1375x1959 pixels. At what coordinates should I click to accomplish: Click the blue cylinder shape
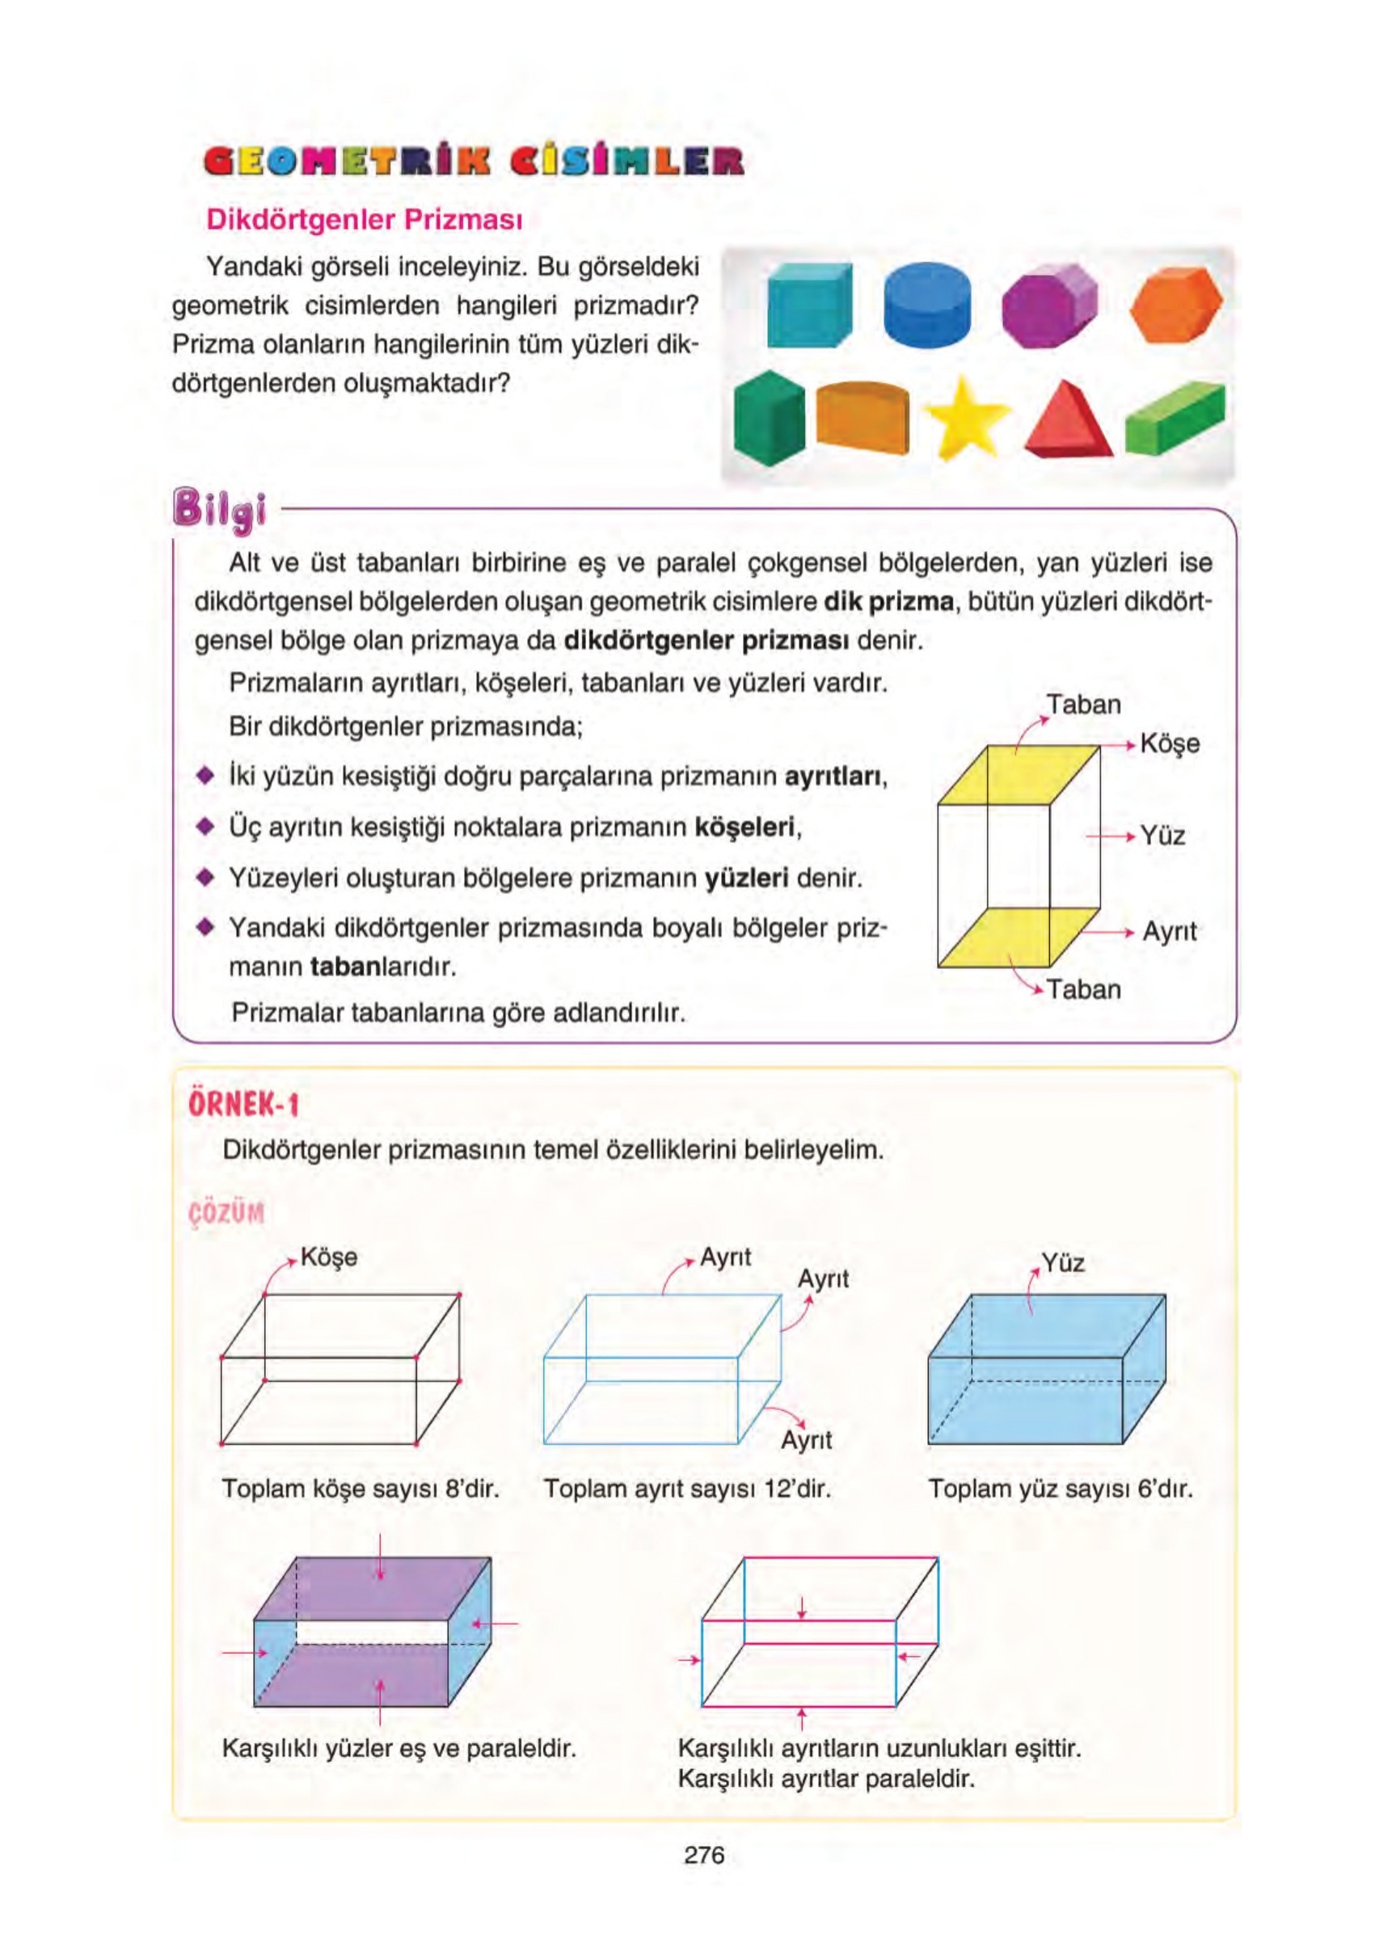(x=926, y=305)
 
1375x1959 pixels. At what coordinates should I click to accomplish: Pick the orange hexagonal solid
(x=1176, y=305)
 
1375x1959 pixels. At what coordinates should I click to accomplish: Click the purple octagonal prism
(x=1048, y=305)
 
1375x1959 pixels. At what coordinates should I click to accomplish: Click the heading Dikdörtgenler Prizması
(x=364, y=219)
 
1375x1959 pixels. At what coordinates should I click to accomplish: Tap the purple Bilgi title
(x=219, y=509)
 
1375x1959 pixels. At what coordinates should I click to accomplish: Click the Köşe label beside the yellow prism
(x=1170, y=744)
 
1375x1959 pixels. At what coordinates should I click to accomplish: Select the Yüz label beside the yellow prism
(x=1162, y=836)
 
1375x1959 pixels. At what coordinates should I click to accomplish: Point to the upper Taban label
(x=1083, y=705)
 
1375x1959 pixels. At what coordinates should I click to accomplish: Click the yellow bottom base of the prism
(x=1015, y=937)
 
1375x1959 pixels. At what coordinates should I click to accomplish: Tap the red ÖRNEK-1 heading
(x=243, y=1105)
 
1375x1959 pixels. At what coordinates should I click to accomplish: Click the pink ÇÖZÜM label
(x=226, y=1212)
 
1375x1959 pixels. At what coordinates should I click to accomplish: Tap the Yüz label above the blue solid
(x=1063, y=1263)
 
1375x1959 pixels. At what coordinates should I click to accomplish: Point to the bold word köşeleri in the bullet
(x=744, y=827)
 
